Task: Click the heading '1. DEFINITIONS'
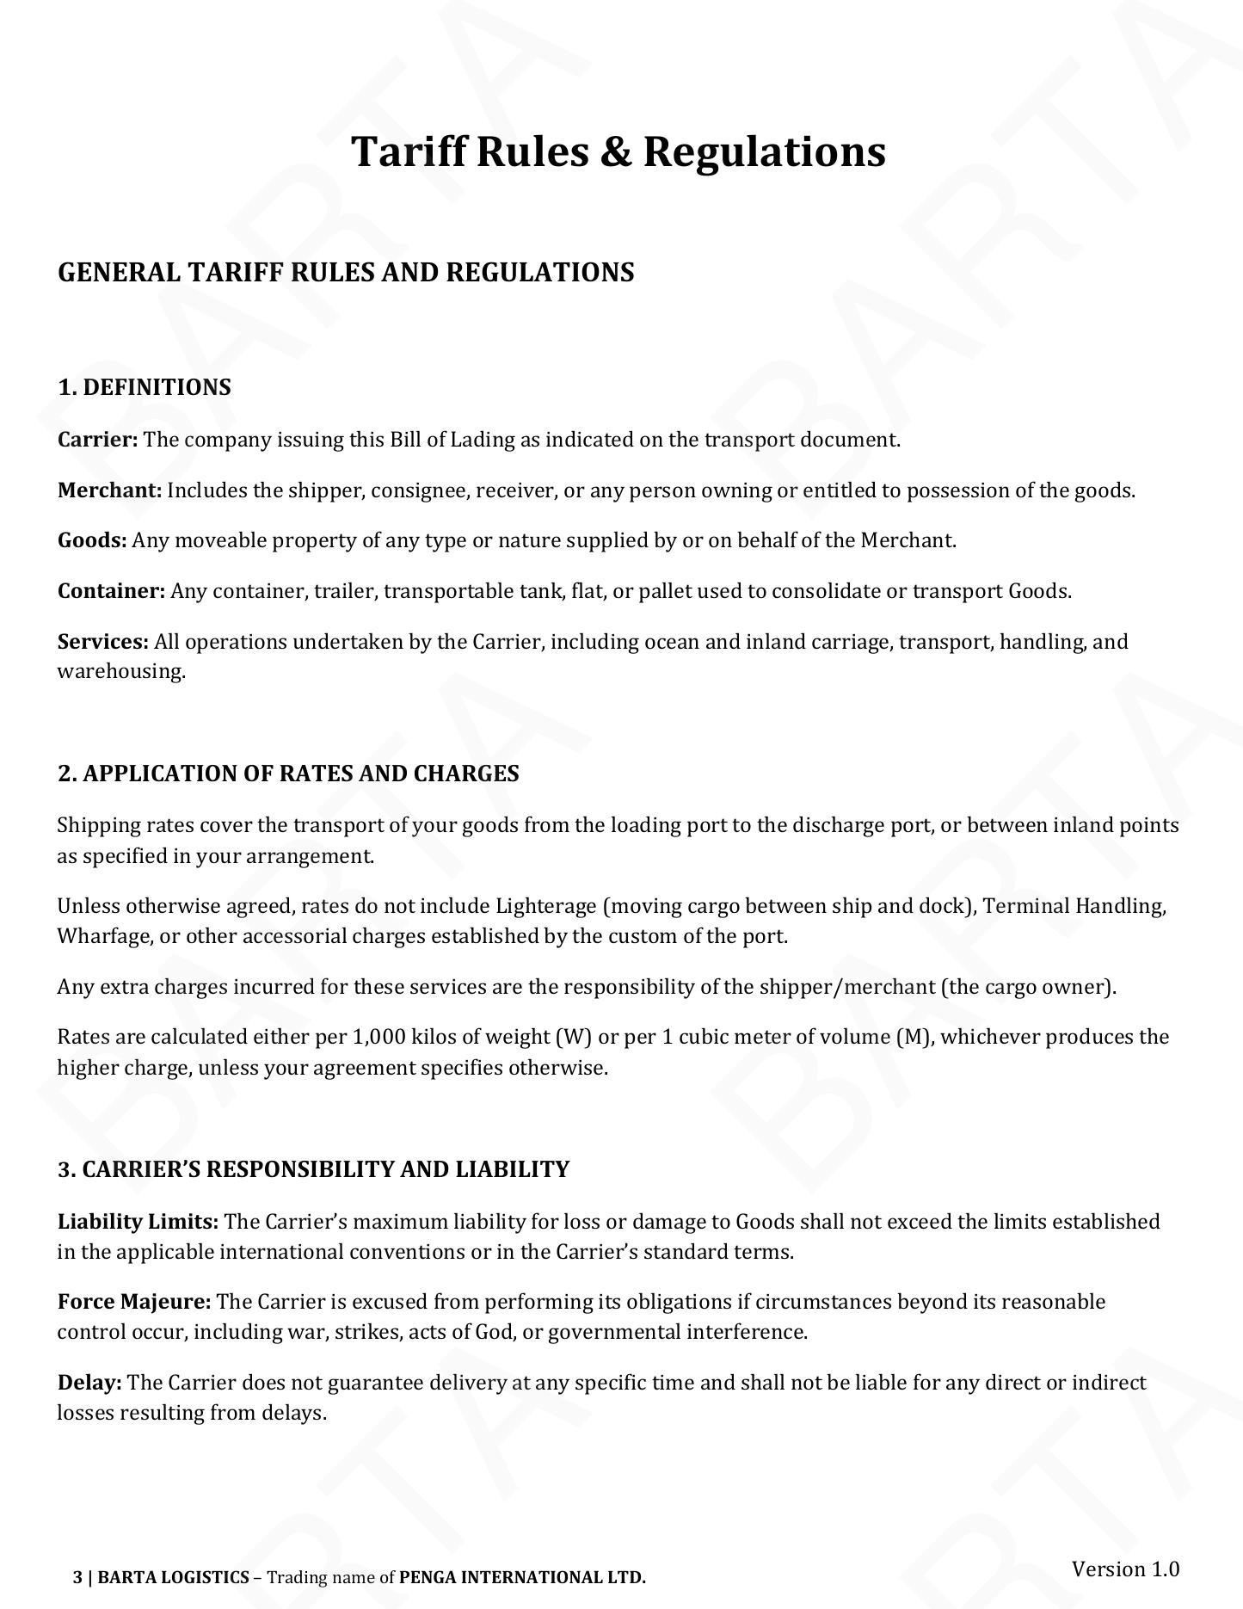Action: [144, 387]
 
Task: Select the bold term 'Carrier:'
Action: [97, 440]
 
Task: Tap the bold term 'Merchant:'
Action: [109, 490]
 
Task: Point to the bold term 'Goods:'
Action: [92, 540]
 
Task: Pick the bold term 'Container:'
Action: [111, 591]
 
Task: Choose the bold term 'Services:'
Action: [103, 642]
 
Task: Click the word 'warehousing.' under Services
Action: [121, 671]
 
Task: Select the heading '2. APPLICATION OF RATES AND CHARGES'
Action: [288, 774]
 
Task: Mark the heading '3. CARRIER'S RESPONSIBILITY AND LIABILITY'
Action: [313, 1169]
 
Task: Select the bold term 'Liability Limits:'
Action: [138, 1222]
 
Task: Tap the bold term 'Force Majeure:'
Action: [134, 1302]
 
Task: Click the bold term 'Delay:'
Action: [89, 1383]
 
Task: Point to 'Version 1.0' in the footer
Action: [1125, 1569]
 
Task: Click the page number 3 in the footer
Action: [77, 1577]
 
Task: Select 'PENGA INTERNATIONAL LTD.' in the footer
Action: [522, 1577]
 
